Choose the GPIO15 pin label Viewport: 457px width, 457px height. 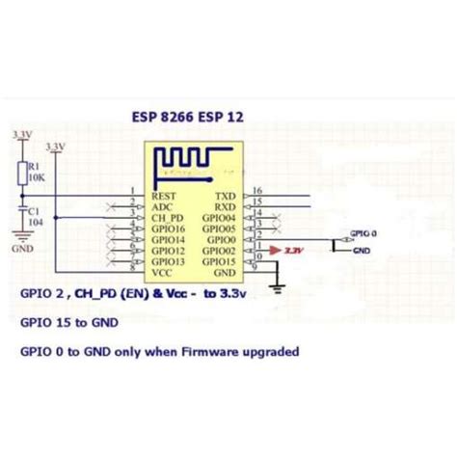(x=219, y=261)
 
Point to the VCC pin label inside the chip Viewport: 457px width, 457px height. (x=162, y=273)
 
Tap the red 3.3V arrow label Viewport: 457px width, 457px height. (x=290, y=251)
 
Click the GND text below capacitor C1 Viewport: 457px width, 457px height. (x=23, y=248)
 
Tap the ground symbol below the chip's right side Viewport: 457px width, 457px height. (x=277, y=285)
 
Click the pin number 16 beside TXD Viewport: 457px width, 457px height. (x=256, y=190)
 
